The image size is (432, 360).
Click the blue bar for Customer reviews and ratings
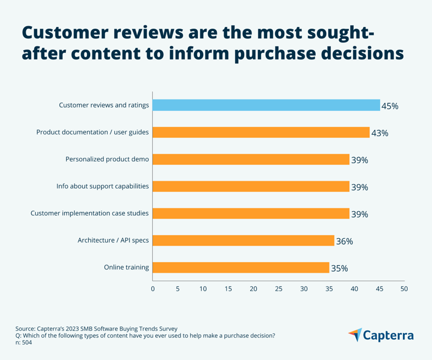pos(266,105)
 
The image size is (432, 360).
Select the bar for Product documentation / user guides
pos(261,132)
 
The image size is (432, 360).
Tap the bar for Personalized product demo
pos(251,159)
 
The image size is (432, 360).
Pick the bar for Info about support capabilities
pos(251,186)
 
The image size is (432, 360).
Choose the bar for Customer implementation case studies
pos(251,213)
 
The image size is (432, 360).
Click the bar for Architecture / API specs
pos(243,240)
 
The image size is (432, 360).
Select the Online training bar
pos(241,267)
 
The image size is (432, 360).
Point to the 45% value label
pos(389,106)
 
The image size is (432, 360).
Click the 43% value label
pos(379,133)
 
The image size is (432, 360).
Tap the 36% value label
pos(344,241)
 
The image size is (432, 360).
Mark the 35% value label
pos(339,268)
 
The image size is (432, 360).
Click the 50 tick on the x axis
pos(404,289)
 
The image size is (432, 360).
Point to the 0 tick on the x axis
pos(153,289)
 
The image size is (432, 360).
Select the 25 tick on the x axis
pos(278,289)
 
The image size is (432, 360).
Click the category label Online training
pos(126,267)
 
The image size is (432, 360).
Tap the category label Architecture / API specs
pos(113,240)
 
